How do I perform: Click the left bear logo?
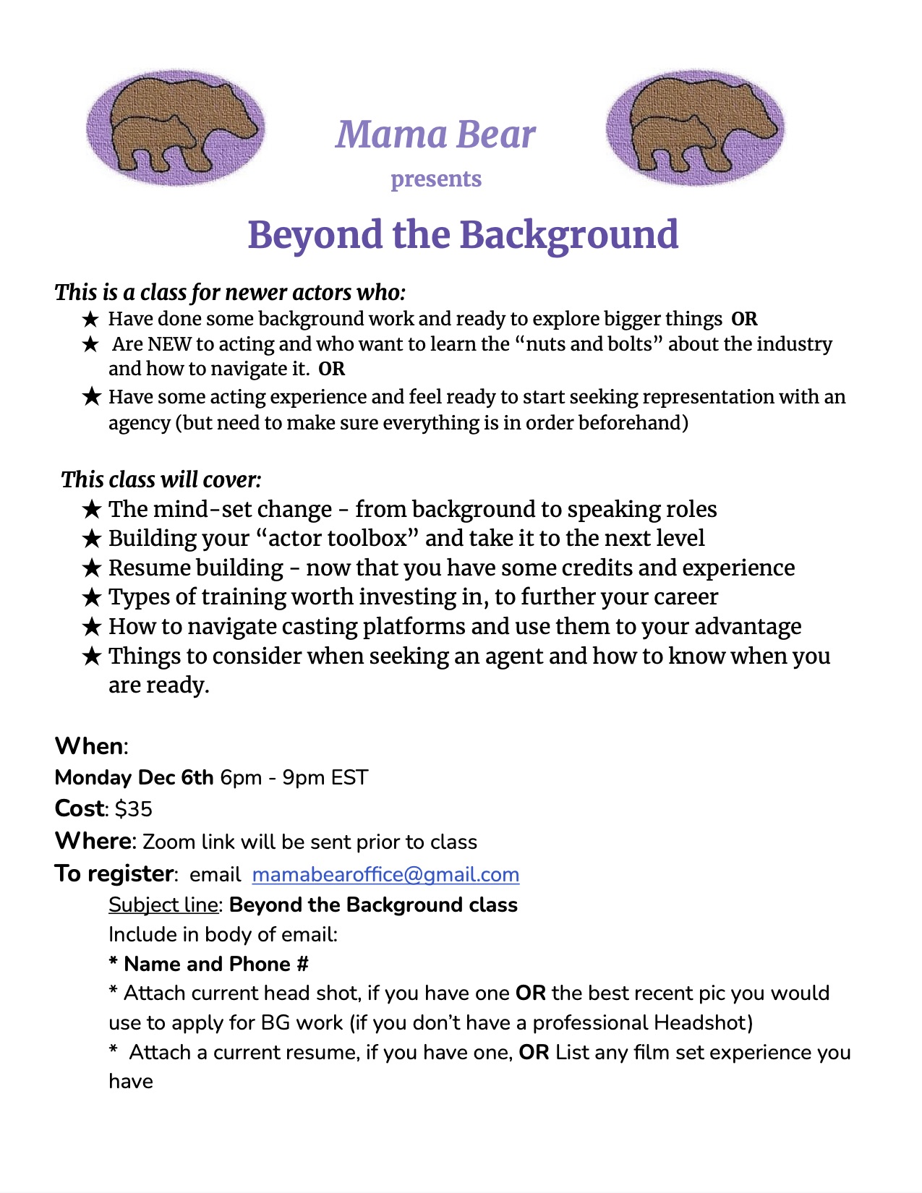click(x=176, y=128)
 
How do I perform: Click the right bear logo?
click(x=695, y=128)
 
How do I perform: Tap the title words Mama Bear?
click(x=435, y=134)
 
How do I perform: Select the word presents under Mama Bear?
click(x=436, y=179)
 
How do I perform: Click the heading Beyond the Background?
click(x=463, y=235)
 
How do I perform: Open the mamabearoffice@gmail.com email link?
click(x=385, y=874)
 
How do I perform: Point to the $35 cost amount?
click(x=134, y=808)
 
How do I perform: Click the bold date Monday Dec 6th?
click(x=134, y=777)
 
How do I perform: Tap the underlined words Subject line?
click(x=163, y=905)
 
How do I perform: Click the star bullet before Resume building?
click(x=91, y=568)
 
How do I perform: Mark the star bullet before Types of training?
click(x=91, y=597)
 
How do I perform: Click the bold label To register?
click(x=114, y=873)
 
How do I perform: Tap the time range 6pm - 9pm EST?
click(x=294, y=777)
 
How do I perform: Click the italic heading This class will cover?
click(x=161, y=479)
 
